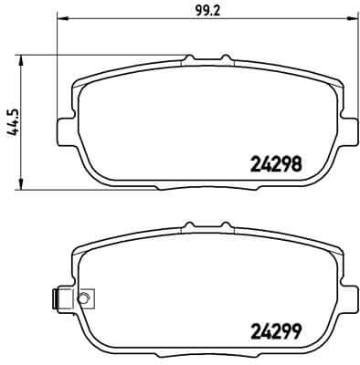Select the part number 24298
click(x=276, y=165)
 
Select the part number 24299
click(x=276, y=332)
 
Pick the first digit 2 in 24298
click(x=255, y=165)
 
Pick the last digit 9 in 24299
click(x=297, y=332)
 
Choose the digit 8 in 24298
click(x=297, y=165)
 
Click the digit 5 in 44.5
click(x=13, y=106)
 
